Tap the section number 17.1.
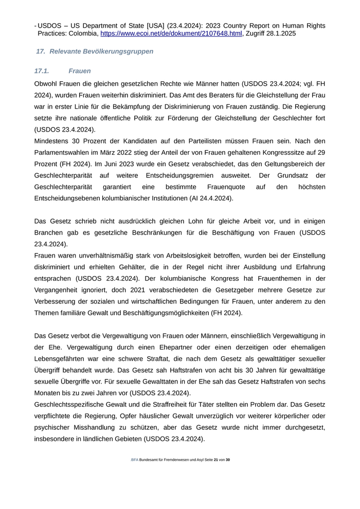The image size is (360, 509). point(42,71)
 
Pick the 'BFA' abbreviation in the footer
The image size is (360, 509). point(134,460)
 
